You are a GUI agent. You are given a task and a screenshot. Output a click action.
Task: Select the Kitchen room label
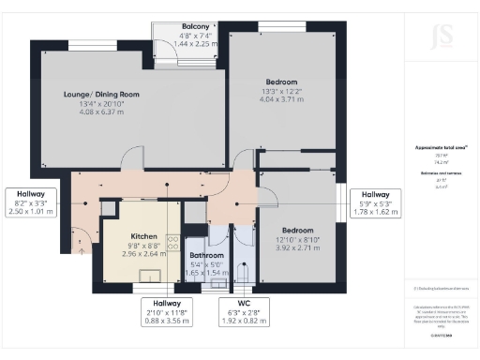click(x=143, y=236)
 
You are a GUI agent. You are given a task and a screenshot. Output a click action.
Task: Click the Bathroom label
click(x=206, y=254)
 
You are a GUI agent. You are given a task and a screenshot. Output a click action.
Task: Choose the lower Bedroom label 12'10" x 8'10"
click(x=299, y=230)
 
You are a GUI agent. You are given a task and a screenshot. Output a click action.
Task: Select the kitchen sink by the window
click(x=145, y=277)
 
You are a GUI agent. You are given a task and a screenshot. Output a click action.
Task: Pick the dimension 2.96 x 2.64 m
click(x=143, y=253)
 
